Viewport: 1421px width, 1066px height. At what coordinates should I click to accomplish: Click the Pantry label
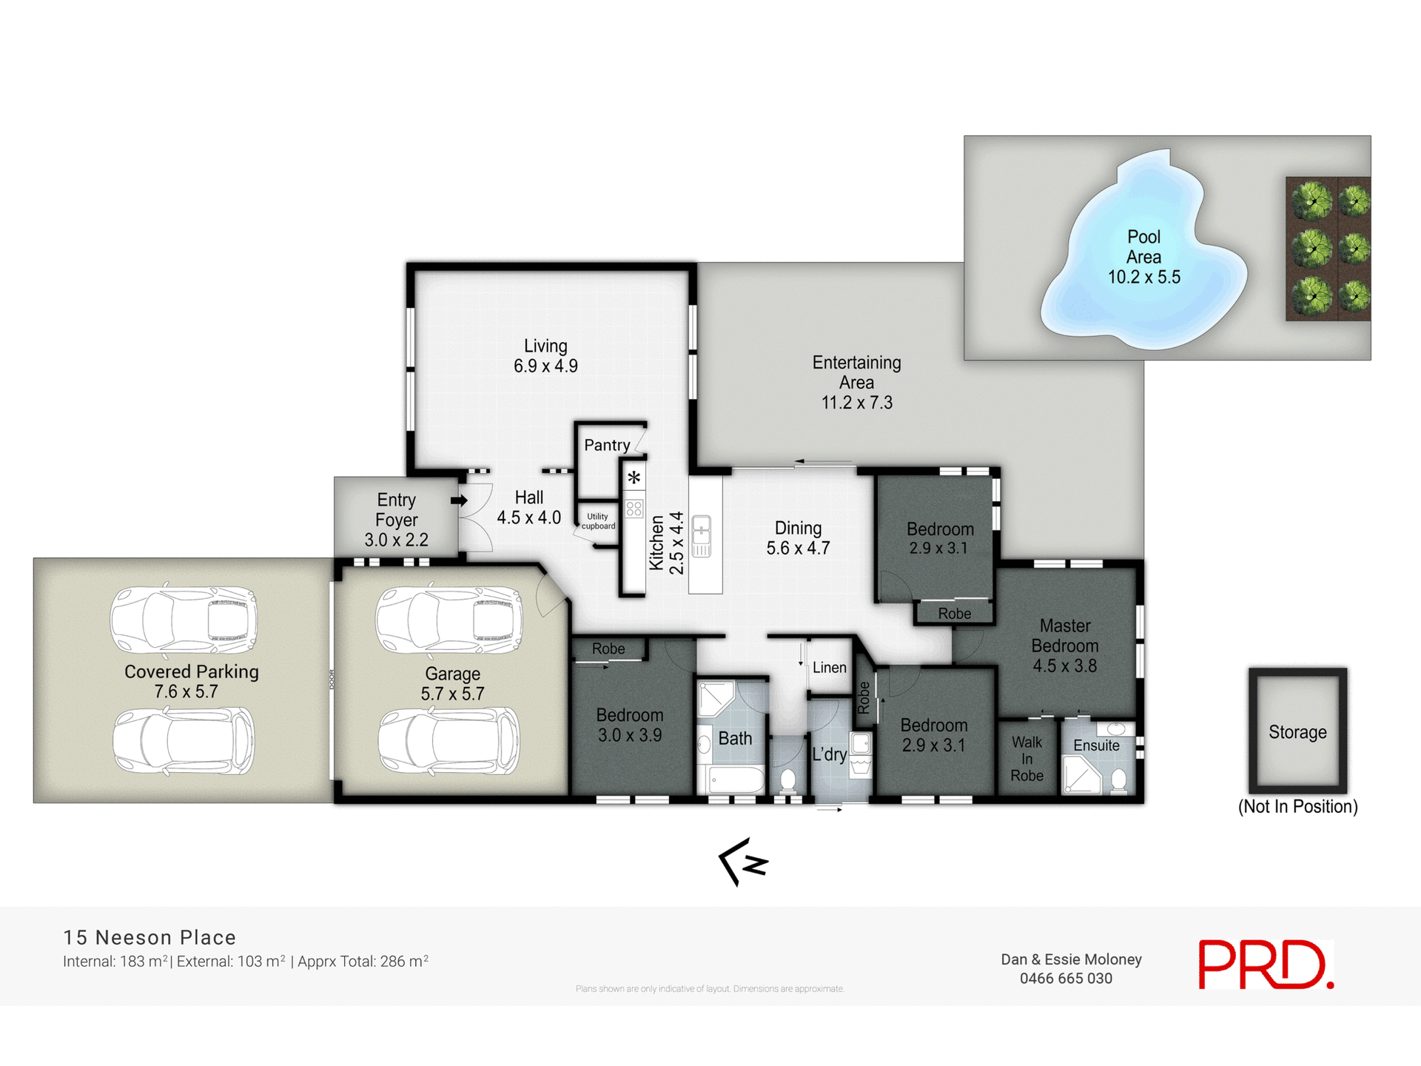tap(607, 445)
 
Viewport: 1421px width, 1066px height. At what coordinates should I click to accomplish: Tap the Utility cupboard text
tap(598, 522)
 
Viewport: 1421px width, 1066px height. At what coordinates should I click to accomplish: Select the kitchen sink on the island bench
tap(702, 537)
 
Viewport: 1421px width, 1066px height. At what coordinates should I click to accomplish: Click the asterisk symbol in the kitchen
tap(634, 478)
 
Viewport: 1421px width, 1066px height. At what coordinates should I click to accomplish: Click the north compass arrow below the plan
tap(744, 862)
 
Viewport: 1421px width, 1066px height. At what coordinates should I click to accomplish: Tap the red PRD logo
tap(1266, 965)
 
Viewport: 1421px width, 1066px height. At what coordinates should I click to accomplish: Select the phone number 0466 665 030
tap(1066, 979)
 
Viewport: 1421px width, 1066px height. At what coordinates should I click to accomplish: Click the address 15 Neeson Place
tap(150, 937)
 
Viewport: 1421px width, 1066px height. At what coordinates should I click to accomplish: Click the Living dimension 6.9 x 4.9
tap(545, 366)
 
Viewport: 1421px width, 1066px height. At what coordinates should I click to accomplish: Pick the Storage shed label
tap(1297, 732)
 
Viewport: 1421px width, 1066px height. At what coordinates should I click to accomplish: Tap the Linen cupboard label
tap(829, 668)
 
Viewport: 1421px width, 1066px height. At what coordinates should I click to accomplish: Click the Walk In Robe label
tap(1027, 759)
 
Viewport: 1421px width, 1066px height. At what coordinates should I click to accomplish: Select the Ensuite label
tap(1096, 745)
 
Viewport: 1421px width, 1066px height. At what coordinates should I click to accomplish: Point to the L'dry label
tap(829, 754)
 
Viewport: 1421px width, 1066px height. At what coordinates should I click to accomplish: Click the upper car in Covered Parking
tap(184, 620)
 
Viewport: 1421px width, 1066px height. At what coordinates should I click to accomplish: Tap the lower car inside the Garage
tap(449, 742)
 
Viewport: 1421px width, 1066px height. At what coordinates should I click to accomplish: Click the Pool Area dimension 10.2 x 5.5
tap(1143, 278)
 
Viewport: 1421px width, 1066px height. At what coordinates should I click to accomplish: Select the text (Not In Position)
tap(1297, 807)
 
